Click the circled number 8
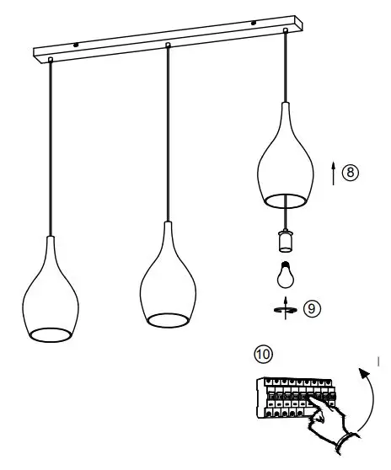click(351, 172)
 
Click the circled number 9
click(313, 309)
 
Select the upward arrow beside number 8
click(334, 174)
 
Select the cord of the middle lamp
click(169, 135)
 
